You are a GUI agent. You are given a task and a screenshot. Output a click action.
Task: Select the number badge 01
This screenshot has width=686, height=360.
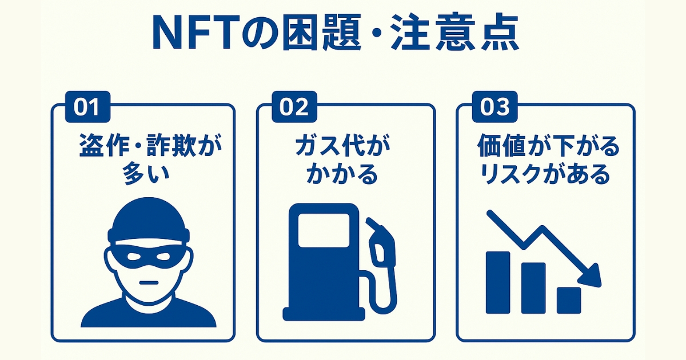(87, 107)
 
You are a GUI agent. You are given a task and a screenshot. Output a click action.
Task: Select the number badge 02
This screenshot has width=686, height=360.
(293, 107)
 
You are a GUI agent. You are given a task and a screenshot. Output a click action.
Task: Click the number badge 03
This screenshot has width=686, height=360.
(493, 107)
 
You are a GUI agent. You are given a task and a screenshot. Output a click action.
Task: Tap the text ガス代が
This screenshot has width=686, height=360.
(342, 148)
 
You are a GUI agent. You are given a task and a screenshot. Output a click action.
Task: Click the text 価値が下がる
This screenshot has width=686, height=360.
(548, 148)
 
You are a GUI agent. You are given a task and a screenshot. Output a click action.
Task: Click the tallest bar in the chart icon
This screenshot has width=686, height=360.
(497, 282)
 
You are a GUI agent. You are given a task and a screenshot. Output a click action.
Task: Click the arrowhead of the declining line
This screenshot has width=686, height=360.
(592, 276)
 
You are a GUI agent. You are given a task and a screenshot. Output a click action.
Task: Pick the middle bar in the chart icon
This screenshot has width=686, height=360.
(533, 288)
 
